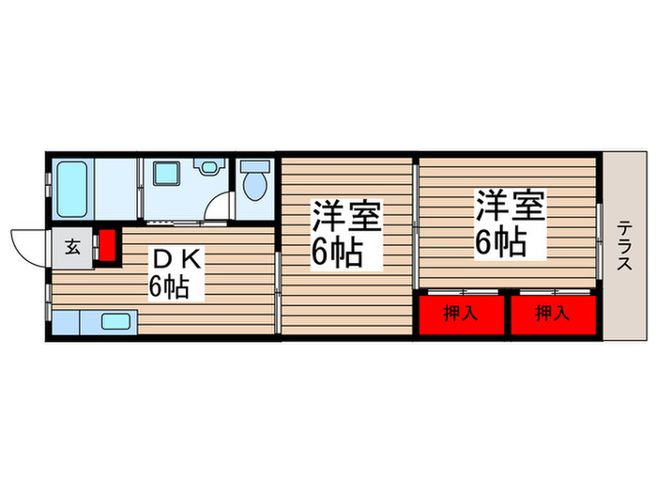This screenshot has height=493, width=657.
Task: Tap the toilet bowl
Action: [x=253, y=187]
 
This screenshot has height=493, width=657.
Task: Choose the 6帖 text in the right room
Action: [x=498, y=241]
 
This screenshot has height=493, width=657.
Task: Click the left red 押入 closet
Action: [x=460, y=315]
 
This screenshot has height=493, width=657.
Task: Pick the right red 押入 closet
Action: [x=552, y=315]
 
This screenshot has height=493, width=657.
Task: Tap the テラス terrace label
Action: [x=624, y=246]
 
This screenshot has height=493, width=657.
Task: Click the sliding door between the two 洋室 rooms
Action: [x=416, y=225]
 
